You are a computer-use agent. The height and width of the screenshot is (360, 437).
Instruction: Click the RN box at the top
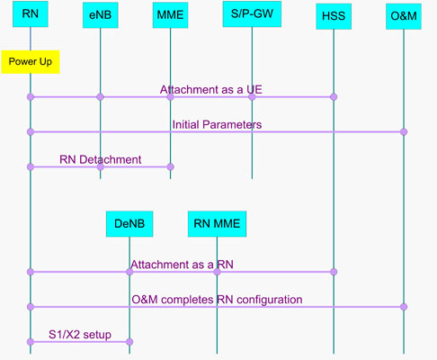click(31, 14)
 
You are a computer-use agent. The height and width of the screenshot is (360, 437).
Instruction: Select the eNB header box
click(101, 15)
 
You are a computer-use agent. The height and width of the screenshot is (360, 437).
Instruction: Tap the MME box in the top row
click(170, 15)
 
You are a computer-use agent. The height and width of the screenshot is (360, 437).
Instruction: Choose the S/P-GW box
click(252, 14)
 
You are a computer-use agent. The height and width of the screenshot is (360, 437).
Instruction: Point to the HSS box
click(334, 16)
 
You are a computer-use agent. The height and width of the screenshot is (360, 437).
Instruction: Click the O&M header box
click(404, 16)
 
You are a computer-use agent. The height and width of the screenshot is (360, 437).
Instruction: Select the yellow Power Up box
click(31, 62)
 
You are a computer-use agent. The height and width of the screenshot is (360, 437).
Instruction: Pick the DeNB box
click(129, 224)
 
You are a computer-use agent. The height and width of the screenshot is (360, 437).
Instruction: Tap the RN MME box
click(217, 224)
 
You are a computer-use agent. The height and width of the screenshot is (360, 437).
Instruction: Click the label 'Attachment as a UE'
click(211, 89)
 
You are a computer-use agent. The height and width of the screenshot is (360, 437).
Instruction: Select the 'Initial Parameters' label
click(217, 124)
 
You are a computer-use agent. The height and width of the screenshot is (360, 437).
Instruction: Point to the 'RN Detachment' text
click(101, 159)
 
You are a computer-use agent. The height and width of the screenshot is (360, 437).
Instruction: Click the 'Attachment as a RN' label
click(182, 265)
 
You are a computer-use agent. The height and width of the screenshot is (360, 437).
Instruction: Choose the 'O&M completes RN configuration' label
click(217, 300)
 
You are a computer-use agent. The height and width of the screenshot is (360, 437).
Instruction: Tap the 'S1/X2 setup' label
click(80, 335)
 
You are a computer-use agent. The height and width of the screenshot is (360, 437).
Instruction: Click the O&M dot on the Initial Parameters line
click(404, 131)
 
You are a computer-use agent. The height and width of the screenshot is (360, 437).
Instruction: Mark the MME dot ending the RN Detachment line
click(170, 166)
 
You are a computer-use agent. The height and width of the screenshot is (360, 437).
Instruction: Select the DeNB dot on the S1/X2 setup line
click(129, 342)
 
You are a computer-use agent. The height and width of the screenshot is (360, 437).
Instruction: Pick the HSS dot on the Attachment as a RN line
click(334, 272)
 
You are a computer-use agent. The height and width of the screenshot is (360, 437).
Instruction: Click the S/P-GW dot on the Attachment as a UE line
click(252, 97)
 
